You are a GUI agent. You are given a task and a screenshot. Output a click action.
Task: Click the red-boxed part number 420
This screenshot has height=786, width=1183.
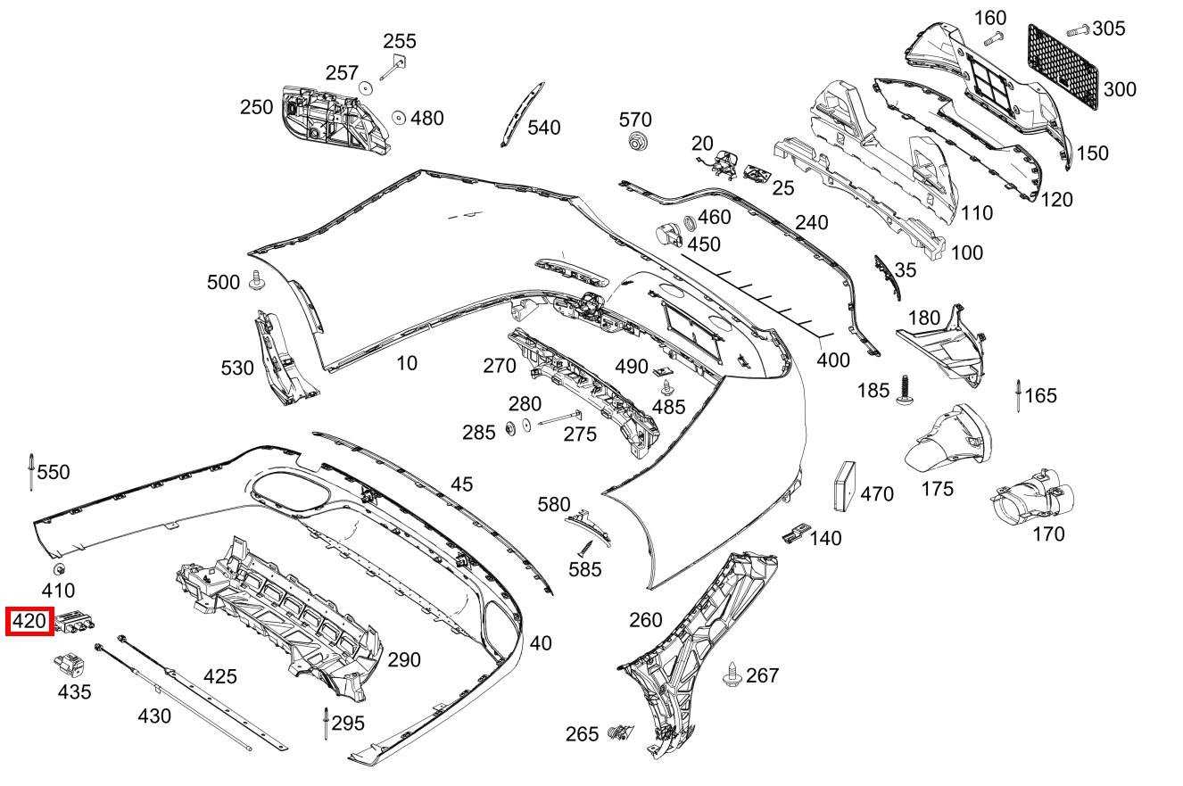click(x=29, y=621)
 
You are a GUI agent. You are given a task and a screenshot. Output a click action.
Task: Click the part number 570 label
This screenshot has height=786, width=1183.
click(x=635, y=120)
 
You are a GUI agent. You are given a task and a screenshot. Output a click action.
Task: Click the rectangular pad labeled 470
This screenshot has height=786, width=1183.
click(x=844, y=486)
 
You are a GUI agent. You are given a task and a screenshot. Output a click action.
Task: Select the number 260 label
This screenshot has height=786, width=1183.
click(x=646, y=619)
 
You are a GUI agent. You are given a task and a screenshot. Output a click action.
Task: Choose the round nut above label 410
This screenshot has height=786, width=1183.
click(x=58, y=570)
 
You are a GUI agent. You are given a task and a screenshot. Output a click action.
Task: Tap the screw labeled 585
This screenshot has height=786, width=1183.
click(x=586, y=547)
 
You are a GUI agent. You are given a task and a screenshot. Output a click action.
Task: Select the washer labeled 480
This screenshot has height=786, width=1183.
click(x=398, y=118)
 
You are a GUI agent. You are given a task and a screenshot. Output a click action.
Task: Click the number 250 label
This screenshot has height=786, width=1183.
click(x=256, y=108)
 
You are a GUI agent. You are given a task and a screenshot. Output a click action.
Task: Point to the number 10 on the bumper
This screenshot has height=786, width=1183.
click(x=406, y=362)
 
